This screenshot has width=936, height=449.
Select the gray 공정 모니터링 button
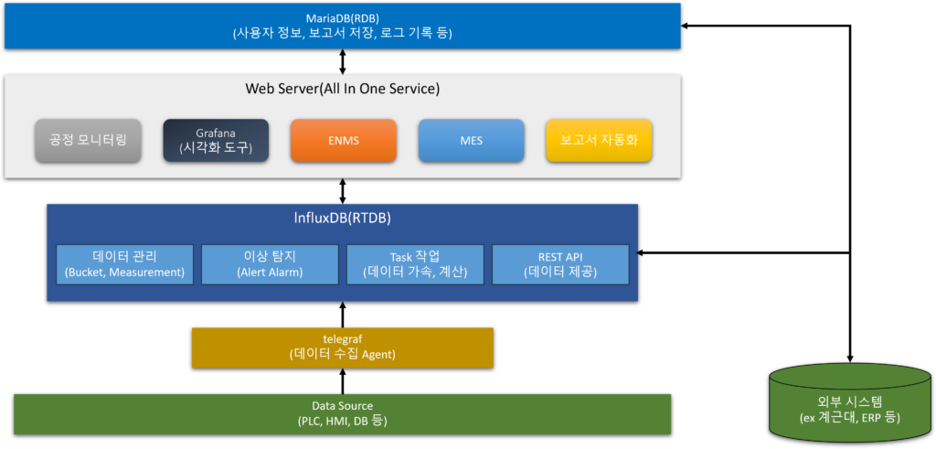click(x=88, y=141)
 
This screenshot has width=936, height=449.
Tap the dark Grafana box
click(x=216, y=141)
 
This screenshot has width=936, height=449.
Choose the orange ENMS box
click(x=344, y=141)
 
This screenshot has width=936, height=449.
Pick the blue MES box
click(x=471, y=141)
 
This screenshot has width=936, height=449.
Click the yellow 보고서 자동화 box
click(x=599, y=141)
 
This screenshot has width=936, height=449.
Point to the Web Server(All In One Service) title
click(x=343, y=89)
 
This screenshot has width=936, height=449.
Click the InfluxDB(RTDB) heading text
click(x=343, y=219)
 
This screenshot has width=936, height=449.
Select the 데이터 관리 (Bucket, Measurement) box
click(x=124, y=264)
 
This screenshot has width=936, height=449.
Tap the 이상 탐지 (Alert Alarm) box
click(x=271, y=264)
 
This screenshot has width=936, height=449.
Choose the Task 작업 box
click(x=416, y=264)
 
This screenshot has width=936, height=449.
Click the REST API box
click(x=560, y=264)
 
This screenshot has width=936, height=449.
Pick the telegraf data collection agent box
click(x=343, y=347)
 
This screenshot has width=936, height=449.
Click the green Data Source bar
click(x=343, y=413)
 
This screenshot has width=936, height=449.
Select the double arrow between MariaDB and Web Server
click(x=343, y=61)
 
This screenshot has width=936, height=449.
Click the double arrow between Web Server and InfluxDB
click(x=343, y=191)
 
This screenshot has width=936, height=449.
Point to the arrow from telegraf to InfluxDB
click(x=343, y=314)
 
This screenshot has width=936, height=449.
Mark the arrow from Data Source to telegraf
click(x=343, y=381)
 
